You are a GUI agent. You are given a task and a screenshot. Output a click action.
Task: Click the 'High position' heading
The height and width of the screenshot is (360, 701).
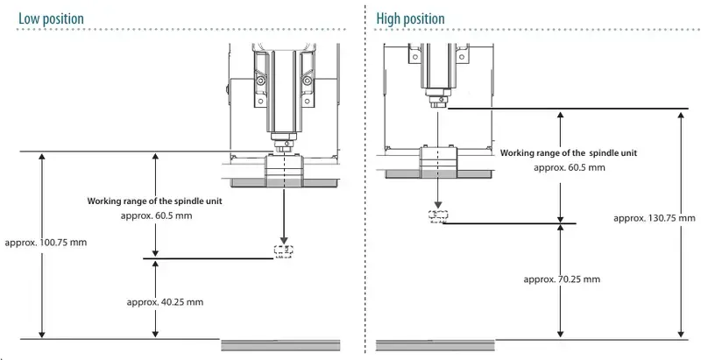click(410, 18)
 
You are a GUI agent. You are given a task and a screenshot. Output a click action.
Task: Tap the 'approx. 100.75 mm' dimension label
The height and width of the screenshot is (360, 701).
click(46, 242)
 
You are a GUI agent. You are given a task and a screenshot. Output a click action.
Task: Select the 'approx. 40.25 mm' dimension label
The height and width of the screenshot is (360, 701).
click(165, 301)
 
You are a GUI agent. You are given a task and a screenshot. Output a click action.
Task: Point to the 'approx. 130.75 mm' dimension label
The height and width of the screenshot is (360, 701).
click(655, 218)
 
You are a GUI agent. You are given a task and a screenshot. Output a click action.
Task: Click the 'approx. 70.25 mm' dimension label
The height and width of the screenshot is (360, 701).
click(562, 279)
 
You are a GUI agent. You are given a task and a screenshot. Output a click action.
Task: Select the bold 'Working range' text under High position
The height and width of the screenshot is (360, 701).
click(569, 152)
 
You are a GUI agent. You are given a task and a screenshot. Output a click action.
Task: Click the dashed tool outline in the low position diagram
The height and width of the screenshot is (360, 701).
click(283, 251)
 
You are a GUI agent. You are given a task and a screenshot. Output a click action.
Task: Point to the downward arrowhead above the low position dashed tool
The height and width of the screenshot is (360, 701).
click(283, 239)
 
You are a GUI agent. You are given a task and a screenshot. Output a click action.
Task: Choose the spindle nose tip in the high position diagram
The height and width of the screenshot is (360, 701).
click(435, 104)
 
